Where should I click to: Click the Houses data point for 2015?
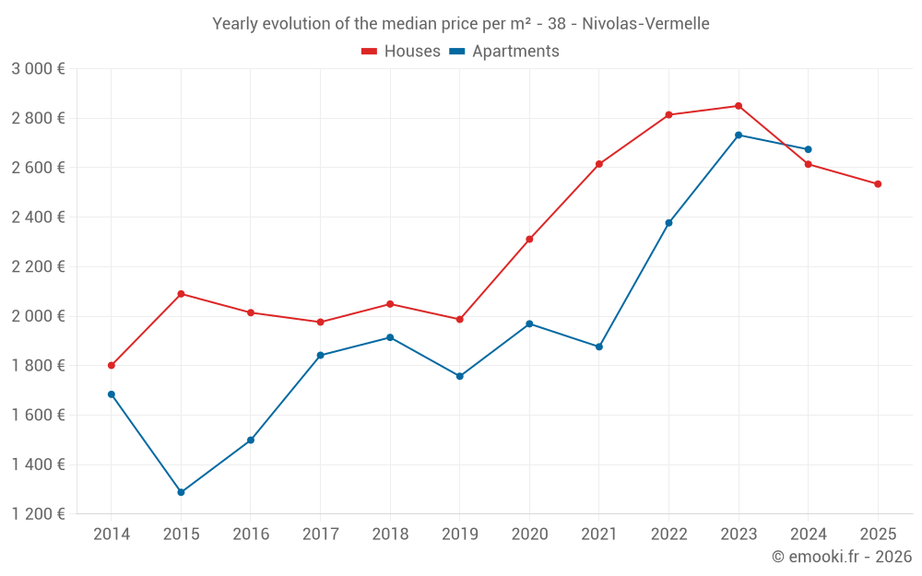pyautogui.click(x=181, y=294)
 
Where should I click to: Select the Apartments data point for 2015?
pyautogui.click(x=181, y=492)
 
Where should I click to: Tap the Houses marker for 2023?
pyautogui.click(x=739, y=106)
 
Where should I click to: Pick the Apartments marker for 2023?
pyautogui.click(x=739, y=135)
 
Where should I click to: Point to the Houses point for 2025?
pyautogui.click(x=878, y=184)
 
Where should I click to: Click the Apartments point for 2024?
pyautogui.click(x=809, y=149)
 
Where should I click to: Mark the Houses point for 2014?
pyautogui.click(x=112, y=366)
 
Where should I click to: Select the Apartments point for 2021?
pyautogui.click(x=599, y=347)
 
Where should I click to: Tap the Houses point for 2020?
pyautogui.click(x=529, y=240)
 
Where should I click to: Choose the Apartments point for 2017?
pyautogui.click(x=320, y=355)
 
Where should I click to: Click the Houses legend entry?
pyautogui.click(x=401, y=52)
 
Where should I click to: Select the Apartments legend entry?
pyautogui.click(x=504, y=52)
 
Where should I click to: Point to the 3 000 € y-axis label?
pyautogui.click(x=38, y=69)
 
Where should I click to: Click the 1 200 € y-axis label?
pyautogui.click(x=38, y=514)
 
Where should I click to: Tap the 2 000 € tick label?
pyautogui.click(x=38, y=316)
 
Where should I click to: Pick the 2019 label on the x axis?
pyautogui.click(x=459, y=535)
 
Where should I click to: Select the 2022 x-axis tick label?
pyautogui.click(x=668, y=535)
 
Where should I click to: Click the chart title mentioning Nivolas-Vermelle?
pyautogui.click(x=461, y=24)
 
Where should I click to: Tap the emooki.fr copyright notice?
pyautogui.click(x=842, y=557)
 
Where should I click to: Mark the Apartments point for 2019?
pyautogui.click(x=459, y=376)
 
